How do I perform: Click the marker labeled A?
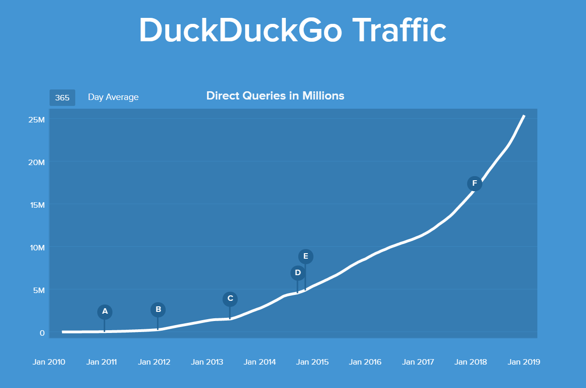pyautogui.click(x=105, y=312)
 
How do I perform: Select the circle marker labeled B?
pyautogui.click(x=158, y=310)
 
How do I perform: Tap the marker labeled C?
pyautogui.click(x=230, y=299)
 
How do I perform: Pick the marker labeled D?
pyautogui.click(x=298, y=273)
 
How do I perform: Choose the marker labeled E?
pyautogui.click(x=306, y=256)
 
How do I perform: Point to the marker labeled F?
pyautogui.click(x=474, y=184)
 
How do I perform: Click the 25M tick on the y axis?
pyautogui.click(x=36, y=120)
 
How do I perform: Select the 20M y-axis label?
pyautogui.click(x=36, y=162)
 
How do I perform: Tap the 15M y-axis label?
pyautogui.click(x=36, y=205)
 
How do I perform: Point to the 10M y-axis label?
pyautogui.click(x=36, y=248)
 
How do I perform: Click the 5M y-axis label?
pyautogui.click(x=38, y=290)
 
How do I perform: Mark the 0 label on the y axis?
pyautogui.click(x=42, y=333)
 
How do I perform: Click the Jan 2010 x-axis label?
pyautogui.click(x=49, y=362)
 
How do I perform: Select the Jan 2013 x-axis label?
pyautogui.click(x=207, y=362)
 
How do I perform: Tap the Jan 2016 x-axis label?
pyautogui.click(x=365, y=362)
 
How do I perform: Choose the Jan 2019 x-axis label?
pyautogui.click(x=524, y=362)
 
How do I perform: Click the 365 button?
pyautogui.click(x=62, y=97)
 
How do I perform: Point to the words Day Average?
pyautogui.click(x=113, y=97)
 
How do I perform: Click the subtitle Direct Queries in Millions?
pyautogui.click(x=275, y=96)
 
